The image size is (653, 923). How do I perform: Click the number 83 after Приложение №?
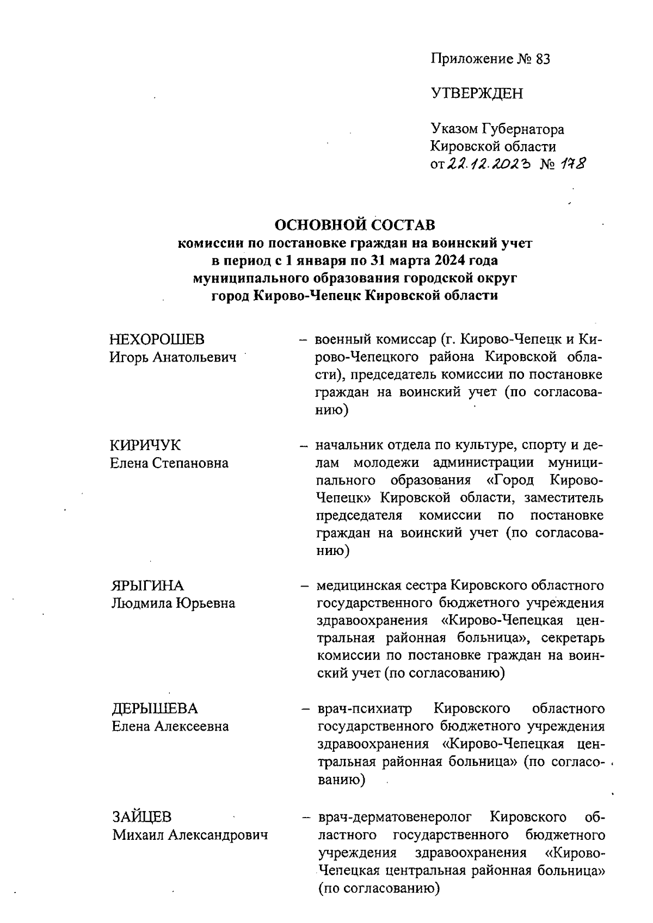point(543,59)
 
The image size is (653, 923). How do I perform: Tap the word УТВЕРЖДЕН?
point(477,93)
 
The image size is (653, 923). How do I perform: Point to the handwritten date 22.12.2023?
point(489,164)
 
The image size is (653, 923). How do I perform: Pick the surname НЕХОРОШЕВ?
point(157,340)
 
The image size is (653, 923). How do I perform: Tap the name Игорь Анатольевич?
point(173,358)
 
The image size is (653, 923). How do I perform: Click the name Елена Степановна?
point(169,463)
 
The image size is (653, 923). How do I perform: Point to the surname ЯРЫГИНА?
point(147,585)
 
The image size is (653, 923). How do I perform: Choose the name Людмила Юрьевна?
point(173,603)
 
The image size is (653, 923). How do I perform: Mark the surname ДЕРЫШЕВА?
point(155,708)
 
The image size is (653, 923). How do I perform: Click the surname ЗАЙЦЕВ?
point(142,817)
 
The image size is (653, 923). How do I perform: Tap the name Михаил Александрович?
point(190,835)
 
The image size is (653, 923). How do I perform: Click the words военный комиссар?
point(375,340)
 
